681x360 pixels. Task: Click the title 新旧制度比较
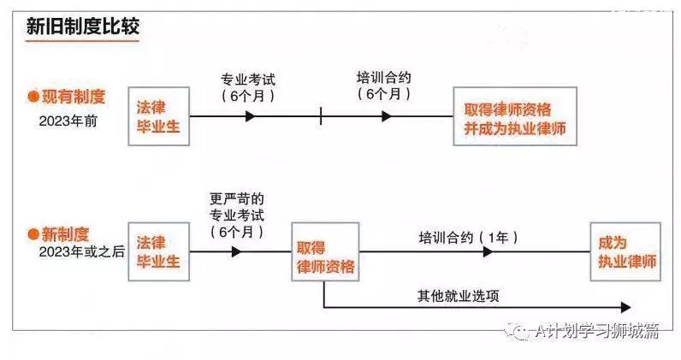[82, 27]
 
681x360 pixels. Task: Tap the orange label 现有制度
[74, 97]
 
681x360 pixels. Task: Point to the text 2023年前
[68, 121]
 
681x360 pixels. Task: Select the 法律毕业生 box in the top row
[159, 116]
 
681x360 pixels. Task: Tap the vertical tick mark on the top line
[321, 116]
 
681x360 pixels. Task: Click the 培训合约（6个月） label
[384, 86]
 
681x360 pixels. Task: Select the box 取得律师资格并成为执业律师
[515, 116]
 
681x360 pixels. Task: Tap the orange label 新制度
[65, 234]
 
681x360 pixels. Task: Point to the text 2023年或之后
[81, 252]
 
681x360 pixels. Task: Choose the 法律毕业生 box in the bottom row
[159, 252]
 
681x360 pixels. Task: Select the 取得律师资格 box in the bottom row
[325, 252]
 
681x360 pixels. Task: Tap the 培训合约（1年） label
[469, 238]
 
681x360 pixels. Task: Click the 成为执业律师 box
[625, 252]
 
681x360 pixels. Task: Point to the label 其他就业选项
[459, 296]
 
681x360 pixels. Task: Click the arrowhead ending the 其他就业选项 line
[626, 308]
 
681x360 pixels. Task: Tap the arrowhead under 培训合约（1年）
[488, 251]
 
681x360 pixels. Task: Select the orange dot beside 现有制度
[33, 97]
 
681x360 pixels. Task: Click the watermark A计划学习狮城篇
[597, 331]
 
